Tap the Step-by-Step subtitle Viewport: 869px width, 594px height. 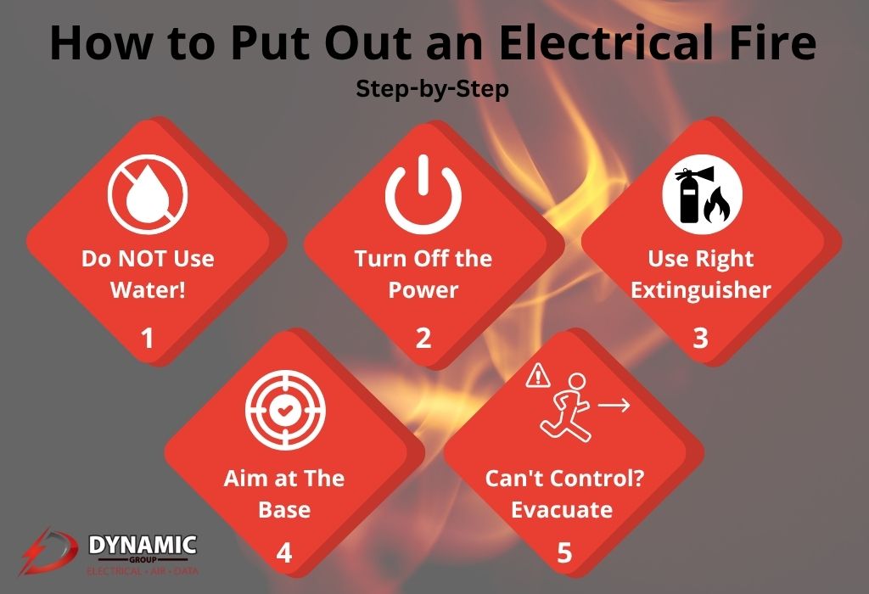click(432, 88)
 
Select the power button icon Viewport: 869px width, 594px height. click(423, 194)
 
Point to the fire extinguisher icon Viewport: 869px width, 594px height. click(702, 194)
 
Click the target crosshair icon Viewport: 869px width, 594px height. click(285, 410)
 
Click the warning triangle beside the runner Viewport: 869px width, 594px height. click(537, 375)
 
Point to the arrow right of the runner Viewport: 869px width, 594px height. click(614, 406)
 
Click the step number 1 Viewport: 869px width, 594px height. click(147, 338)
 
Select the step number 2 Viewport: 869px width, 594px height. click(423, 338)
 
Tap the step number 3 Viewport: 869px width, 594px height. click(700, 338)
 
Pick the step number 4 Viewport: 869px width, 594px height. click(284, 552)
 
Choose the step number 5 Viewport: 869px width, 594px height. click(563, 552)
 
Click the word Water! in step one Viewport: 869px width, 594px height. click(148, 290)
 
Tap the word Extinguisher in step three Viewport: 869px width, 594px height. click(701, 290)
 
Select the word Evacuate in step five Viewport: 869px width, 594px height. click(562, 510)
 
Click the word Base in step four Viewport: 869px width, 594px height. click(284, 510)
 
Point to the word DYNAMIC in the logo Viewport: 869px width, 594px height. click(143, 545)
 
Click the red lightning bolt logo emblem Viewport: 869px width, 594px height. click(48, 551)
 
